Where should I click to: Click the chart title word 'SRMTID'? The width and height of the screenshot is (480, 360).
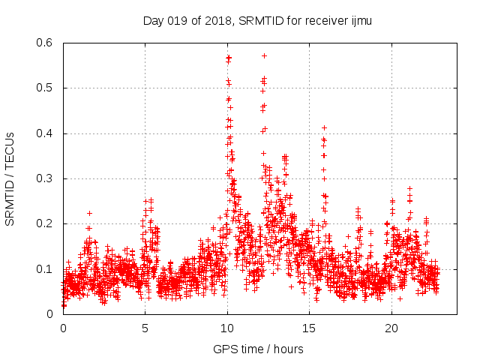[259, 21]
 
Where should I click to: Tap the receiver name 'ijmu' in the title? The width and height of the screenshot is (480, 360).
[361, 21]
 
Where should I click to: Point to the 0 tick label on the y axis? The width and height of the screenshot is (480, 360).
[52, 314]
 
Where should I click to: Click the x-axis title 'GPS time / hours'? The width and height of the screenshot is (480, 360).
[258, 349]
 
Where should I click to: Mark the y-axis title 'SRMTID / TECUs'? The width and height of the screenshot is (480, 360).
[10, 178]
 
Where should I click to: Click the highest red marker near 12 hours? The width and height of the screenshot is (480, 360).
[264, 55]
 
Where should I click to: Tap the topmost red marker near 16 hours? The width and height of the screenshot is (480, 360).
[324, 127]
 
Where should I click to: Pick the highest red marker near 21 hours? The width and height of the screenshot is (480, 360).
[409, 188]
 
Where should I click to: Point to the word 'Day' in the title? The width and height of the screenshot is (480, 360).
[153, 21]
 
